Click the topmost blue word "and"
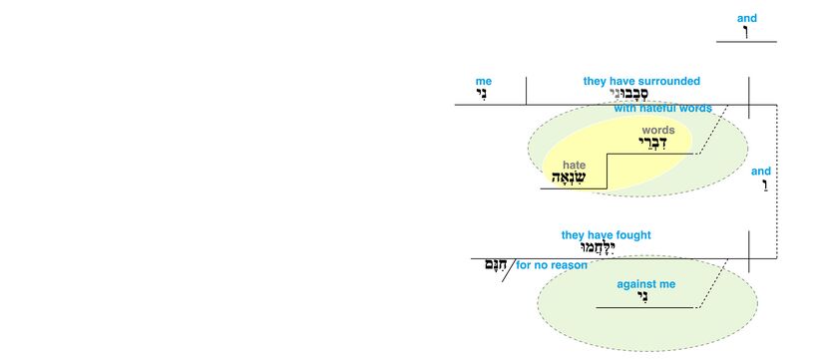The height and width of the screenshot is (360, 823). pos(746,18)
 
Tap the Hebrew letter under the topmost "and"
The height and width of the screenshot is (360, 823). pos(745,32)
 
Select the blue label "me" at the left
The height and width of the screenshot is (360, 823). pos(484,82)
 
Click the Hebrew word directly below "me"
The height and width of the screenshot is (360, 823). pos(484,96)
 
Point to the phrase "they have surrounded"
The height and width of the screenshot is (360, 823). pos(641,81)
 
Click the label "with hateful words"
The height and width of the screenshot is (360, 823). pos(662,108)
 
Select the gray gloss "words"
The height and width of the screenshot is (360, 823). pos(657,130)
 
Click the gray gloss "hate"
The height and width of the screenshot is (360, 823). pos(574,165)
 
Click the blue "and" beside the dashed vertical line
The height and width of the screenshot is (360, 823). pos(760,172)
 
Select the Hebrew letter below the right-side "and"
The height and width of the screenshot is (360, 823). pos(761,186)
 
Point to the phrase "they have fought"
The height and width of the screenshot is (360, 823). pos(606,235)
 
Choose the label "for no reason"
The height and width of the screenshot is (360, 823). pos(551,265)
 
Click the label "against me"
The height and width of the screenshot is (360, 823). pos(645,284)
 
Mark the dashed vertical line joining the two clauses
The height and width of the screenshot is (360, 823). pos(776,180)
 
